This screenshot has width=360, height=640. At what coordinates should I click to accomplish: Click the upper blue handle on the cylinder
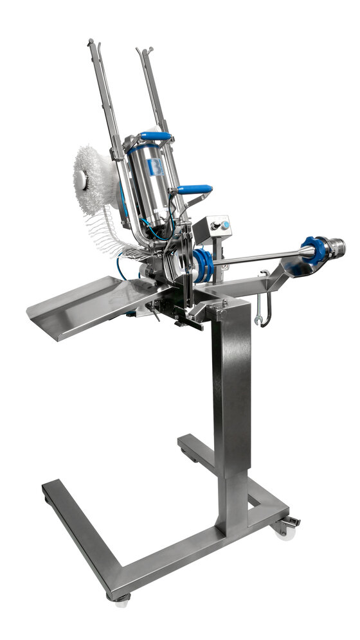click(157, 136)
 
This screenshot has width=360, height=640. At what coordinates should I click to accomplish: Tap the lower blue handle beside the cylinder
click(195, 189)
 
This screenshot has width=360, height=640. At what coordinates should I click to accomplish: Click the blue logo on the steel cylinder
click(155, 168)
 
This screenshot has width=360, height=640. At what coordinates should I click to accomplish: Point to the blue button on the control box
click(225, 224)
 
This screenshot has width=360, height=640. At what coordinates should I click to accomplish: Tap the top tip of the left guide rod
click(91, 43)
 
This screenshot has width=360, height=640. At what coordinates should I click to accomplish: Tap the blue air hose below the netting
click(120, 265)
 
